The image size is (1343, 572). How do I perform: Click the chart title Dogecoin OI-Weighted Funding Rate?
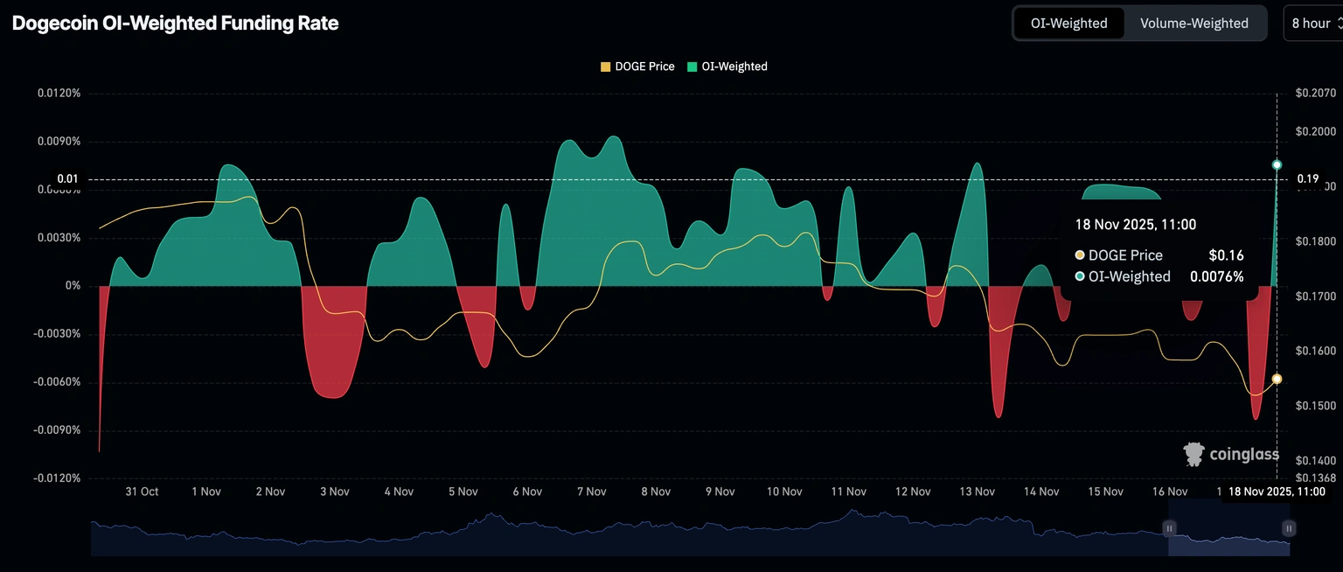click(175, 24)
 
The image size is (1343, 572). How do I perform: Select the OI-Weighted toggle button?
click(1068, 24)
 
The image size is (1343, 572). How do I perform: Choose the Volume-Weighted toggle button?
click(1193, 24)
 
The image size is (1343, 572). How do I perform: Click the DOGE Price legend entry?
click(637, 66)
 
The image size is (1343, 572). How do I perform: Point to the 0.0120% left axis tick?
click(59, 94)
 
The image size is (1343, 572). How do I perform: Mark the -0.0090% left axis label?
click(57, 430)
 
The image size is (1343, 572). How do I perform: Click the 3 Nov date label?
click(335, 492)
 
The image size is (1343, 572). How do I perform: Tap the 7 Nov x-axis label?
click(592, 492)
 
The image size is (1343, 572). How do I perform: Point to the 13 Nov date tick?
click(977, 492)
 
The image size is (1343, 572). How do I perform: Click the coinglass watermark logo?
click(1231, 454)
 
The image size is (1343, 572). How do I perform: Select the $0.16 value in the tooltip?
click(1226, 255)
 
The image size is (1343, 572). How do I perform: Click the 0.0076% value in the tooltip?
click(1216, 276)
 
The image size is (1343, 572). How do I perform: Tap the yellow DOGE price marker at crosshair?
click(1277, 379)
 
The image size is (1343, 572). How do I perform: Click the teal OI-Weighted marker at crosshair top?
click(1277, 164)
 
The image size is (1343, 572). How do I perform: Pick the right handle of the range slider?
click(1289, 528)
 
